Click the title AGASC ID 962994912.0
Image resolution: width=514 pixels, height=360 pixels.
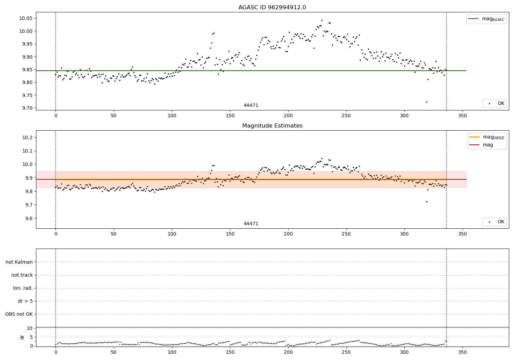point(272,8)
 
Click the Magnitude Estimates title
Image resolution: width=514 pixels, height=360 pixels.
point(272,126)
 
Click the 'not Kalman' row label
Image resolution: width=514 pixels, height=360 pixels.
point(19,262)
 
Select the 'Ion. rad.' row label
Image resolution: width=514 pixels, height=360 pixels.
point(23,288)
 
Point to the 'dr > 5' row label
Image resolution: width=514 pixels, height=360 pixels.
point(25,301)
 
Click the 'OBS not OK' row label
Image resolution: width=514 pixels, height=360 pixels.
point(19,314)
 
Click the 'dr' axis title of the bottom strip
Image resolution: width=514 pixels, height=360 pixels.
point(22,337)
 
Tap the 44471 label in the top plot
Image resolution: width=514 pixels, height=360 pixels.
point(251,105)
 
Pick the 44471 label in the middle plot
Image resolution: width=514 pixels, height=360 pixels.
point(251,224)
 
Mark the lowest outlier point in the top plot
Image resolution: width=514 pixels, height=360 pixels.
point(427,102)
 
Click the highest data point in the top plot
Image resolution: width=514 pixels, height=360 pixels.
point(322,20)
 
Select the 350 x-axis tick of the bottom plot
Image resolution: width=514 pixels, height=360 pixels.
point(463,352)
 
